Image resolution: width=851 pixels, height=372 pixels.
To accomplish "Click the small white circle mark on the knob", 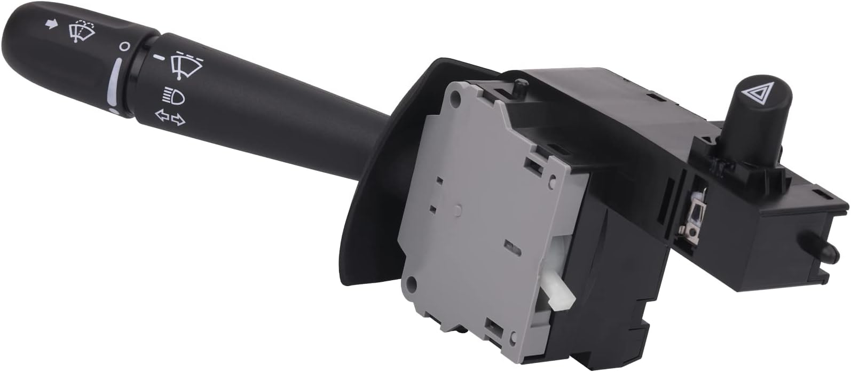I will [x=124, y=46].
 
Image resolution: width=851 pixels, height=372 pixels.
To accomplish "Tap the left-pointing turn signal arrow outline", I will [x=160, y=115].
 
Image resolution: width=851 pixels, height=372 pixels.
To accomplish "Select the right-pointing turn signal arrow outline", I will [x=179, y=121].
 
